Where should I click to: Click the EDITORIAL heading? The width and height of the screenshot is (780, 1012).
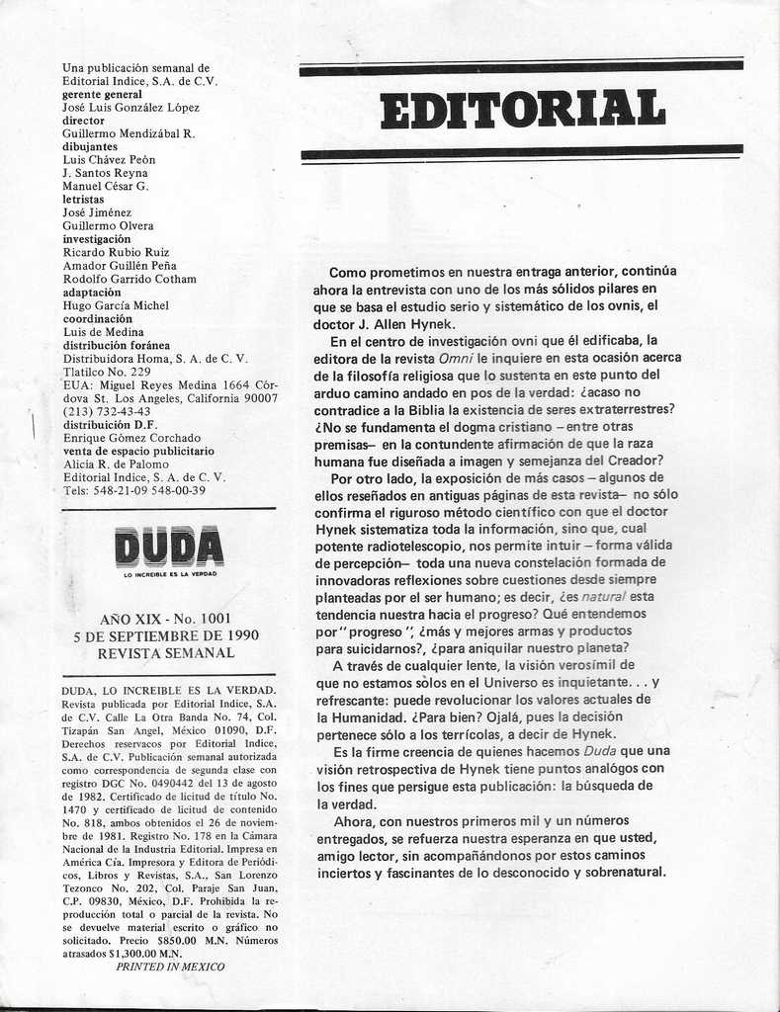pos(522,109)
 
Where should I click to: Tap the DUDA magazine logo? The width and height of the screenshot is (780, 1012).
pos(169,547)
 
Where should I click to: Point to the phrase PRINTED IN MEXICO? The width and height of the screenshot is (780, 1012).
pos(170,966)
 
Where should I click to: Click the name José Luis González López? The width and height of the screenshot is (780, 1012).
pos(130,108)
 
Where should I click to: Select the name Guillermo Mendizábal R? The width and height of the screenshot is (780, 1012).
pos(129,133)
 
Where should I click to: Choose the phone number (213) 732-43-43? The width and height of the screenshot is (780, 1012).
pos(107,411)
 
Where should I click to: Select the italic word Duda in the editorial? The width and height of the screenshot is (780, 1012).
pos(598,750)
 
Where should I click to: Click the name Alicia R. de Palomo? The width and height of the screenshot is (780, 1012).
pos(116,464)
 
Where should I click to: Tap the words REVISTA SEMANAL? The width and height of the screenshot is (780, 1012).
pos(169,653)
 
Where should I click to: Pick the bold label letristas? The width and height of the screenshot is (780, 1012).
pos(83,199)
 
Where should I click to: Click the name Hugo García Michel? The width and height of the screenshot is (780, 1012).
pos(116,305)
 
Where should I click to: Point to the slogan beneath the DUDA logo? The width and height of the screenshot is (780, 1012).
pos(169,574)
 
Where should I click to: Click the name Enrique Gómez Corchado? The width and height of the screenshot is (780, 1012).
pos(131,438)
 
